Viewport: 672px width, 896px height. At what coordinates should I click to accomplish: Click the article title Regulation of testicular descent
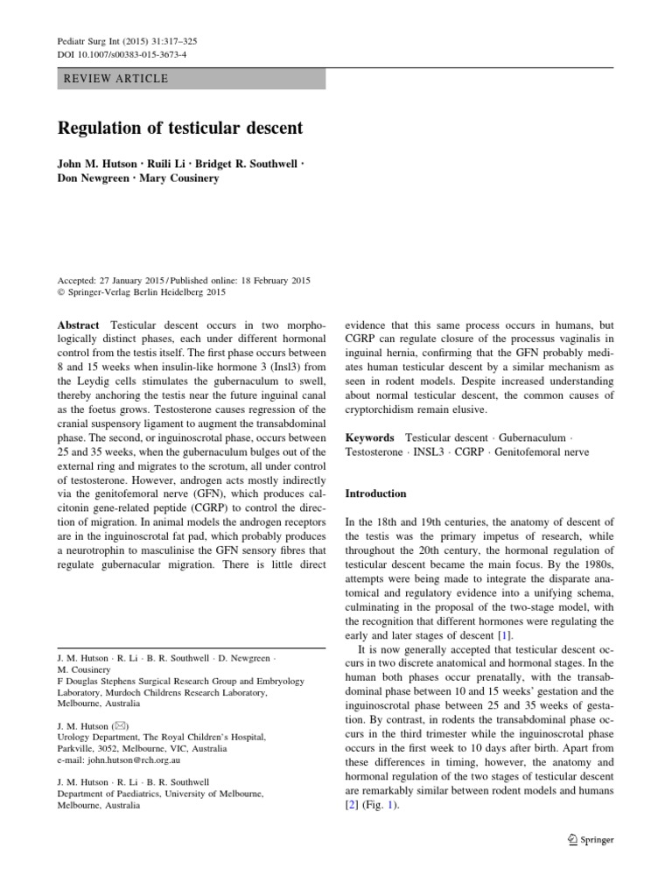click(x=179, y=128)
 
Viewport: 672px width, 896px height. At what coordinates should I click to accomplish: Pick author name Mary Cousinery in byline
click(x=182, y=178)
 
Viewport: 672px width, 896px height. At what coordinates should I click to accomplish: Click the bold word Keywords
click(x=371, y=437)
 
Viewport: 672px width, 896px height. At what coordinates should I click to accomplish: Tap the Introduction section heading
click(x=376, y=493)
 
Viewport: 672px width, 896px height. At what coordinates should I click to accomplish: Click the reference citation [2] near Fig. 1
click(x=353, y=805)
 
